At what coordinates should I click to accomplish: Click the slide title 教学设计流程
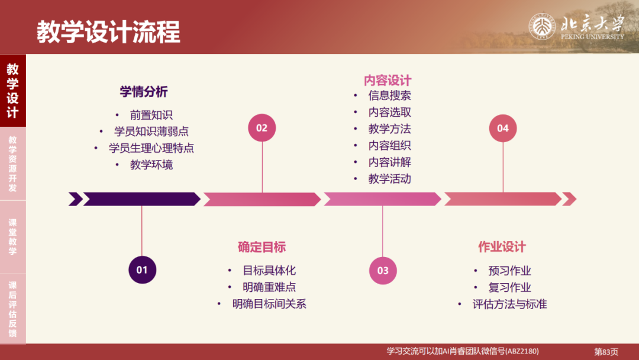tap(108, 31)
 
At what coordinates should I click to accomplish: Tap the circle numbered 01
tap(142, 270)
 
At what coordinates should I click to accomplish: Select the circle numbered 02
tap(262, 128)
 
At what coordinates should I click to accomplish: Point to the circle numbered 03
tap(383, 271)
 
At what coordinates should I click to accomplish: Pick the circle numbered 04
tap(503, 128)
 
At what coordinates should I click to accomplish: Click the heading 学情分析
tap(144, 92)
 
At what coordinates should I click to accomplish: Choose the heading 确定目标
tap(262, 247)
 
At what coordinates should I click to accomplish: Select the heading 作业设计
tap(502, 247)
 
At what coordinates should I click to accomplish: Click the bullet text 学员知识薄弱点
tap(151, 131)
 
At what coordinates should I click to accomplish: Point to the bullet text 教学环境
tap(151, 165)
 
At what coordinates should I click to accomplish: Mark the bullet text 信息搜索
tap(389, 95)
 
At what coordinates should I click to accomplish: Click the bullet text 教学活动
tap(389, 178)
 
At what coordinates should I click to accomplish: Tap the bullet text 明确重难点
tap(269, 287)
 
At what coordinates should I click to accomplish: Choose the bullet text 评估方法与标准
tap(509, 304)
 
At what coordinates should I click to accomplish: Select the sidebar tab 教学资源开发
tap(12, 164)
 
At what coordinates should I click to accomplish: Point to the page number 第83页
tap(606, 352)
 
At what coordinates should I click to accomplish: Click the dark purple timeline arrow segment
tap(141, 199)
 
